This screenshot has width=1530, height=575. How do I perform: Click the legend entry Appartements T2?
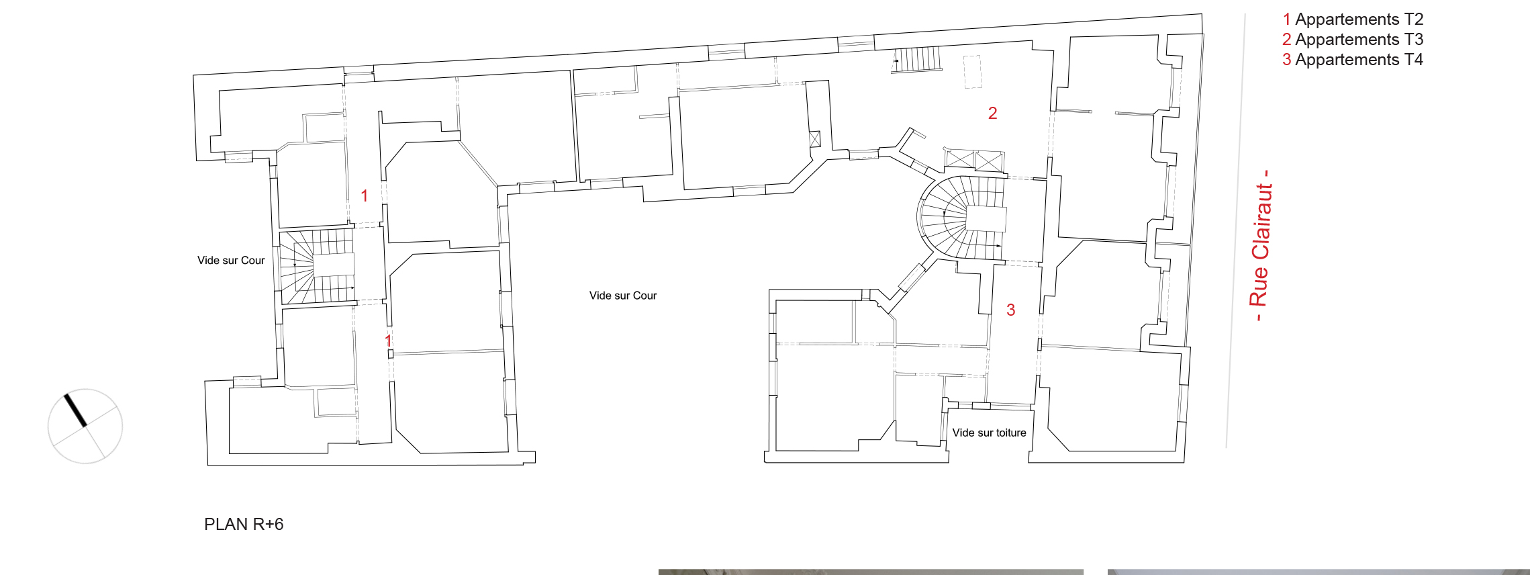(1359, 19)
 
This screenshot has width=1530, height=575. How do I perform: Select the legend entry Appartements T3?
(1359, 40)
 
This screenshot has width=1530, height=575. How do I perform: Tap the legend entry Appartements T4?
(1359, 60)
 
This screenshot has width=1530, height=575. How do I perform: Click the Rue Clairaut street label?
(1261, 245)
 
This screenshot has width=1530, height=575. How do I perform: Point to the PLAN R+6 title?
(244, 524)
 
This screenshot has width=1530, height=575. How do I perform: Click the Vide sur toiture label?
(989, 433)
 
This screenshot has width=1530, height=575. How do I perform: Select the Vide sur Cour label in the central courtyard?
(623, 296)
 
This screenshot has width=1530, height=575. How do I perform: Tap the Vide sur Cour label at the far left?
(231, 261)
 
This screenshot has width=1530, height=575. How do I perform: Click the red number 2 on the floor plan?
(992, 114)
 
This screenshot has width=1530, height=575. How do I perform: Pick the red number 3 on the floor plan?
(1010, 310)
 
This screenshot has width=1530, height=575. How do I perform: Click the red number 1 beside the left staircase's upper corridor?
(364, 195)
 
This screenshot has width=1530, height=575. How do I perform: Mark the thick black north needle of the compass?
(75, 410)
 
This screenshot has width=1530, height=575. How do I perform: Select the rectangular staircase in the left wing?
(317, 267)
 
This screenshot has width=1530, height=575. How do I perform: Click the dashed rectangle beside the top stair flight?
(973, 72)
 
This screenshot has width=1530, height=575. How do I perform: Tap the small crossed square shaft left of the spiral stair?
(814, 139)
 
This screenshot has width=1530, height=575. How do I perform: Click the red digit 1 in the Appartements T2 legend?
(1286, 19)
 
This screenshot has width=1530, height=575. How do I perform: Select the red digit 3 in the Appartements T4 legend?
(1286, 60)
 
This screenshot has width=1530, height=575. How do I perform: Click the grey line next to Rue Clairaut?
(1236, 230)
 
